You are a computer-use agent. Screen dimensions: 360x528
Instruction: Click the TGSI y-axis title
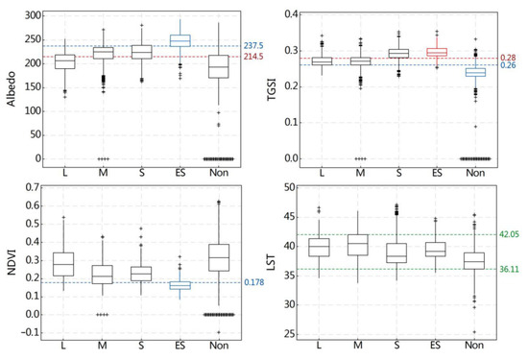click(x=278, y=86)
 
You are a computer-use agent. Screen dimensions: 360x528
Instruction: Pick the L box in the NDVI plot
click(x=64, y=263)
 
